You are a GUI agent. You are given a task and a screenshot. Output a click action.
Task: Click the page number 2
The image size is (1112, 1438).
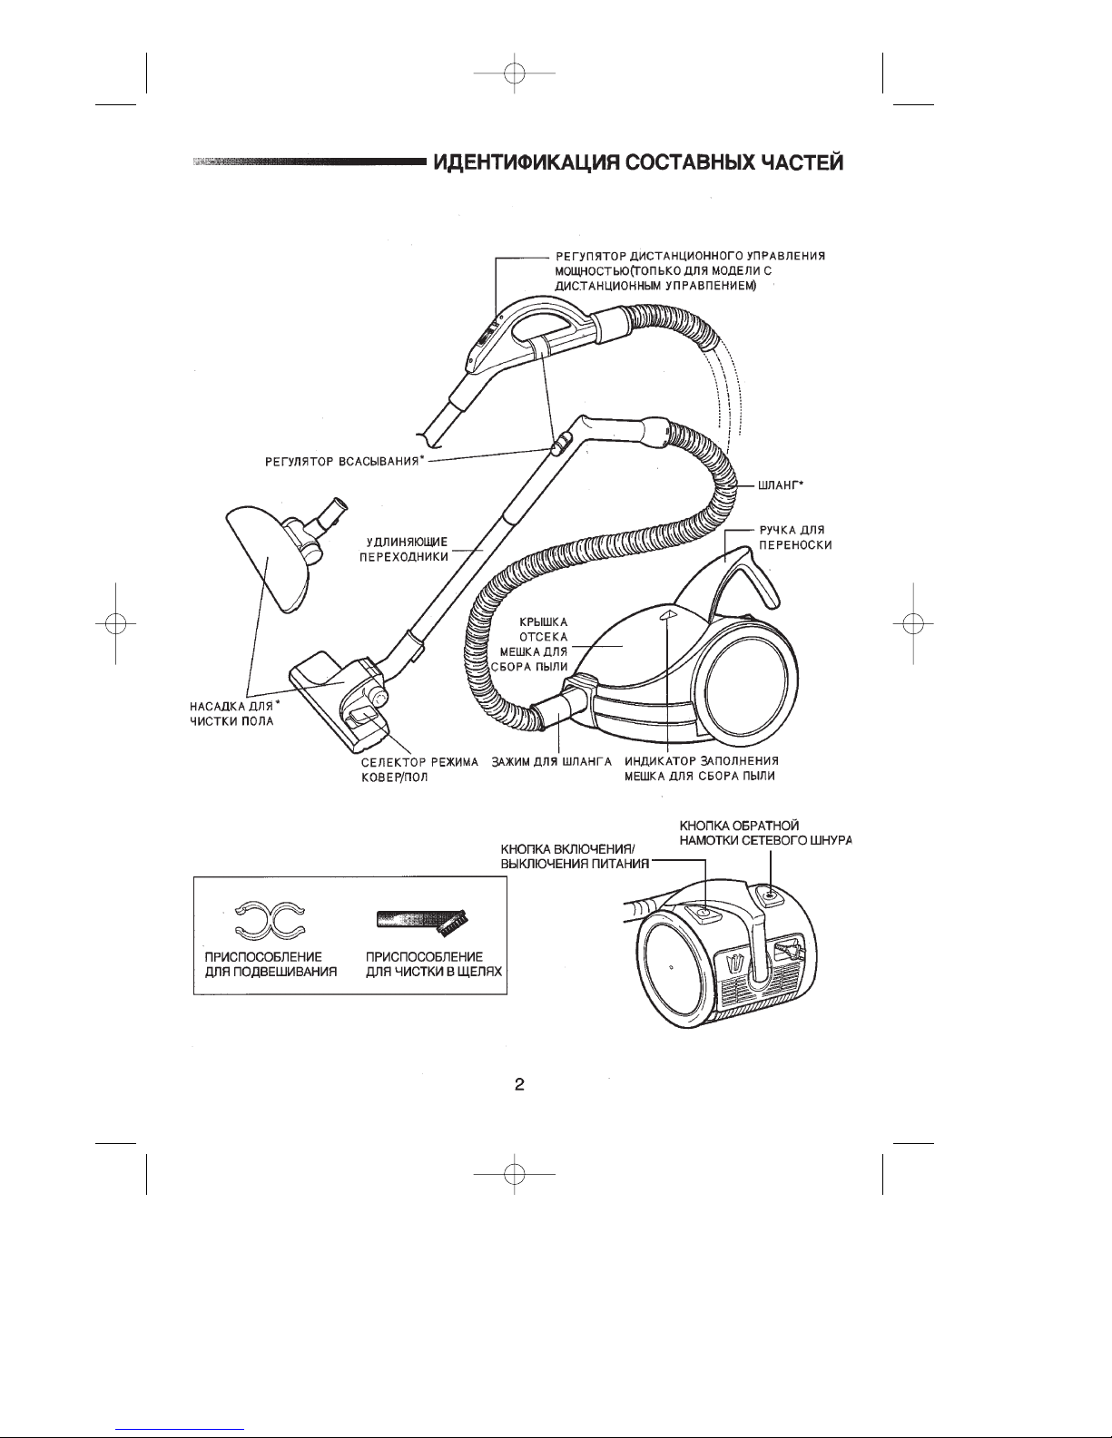click(519, 1084)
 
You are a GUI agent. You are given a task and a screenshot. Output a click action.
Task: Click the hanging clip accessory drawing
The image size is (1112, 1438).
click(271, 918)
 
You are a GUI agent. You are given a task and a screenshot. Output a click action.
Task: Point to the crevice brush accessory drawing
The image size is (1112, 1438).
click(424, 920)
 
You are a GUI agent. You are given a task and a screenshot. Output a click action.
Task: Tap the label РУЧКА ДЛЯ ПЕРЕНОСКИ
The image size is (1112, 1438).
click(795, 537)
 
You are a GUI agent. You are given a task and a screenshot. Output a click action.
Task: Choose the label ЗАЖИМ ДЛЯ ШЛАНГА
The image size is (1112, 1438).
click(551, 762)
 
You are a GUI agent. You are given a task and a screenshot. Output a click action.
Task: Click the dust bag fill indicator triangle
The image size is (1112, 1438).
click(668, 614)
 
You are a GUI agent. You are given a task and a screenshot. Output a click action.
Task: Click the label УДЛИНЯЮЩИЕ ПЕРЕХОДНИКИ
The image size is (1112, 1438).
click(404, 549)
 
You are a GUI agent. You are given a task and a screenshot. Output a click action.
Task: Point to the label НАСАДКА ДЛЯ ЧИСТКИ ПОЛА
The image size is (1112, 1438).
click(234, 713)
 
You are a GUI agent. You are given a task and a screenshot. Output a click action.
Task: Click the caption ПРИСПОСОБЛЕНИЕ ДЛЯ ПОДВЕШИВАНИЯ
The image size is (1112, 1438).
click(271, 964)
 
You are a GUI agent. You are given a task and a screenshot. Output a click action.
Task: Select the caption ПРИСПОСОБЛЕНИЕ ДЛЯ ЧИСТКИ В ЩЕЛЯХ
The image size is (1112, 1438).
click(434, 964)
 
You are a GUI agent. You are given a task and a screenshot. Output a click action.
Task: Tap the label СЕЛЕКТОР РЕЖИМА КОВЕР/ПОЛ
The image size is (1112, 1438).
click(419, 769)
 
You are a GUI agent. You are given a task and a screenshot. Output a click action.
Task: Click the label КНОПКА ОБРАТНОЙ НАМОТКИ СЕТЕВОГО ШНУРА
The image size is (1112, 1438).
click(765, 833)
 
